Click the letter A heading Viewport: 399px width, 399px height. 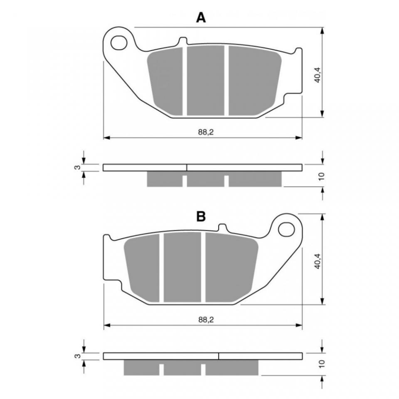[201, 18]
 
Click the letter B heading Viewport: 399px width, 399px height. [201, 217]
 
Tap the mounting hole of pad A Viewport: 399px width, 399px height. [119, 42]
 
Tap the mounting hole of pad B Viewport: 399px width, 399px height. [286, 229]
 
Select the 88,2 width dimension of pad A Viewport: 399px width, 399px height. [206, 132]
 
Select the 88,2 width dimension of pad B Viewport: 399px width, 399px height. [206, 320]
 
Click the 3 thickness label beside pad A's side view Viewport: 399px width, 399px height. [78, 167]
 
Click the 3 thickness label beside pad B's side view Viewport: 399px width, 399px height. [78, 356]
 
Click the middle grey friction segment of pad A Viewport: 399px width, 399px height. [206, 80]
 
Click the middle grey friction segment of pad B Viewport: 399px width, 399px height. [182, 267]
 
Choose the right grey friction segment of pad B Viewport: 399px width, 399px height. [231, 268]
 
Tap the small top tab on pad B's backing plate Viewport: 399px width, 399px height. [222, 228]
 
